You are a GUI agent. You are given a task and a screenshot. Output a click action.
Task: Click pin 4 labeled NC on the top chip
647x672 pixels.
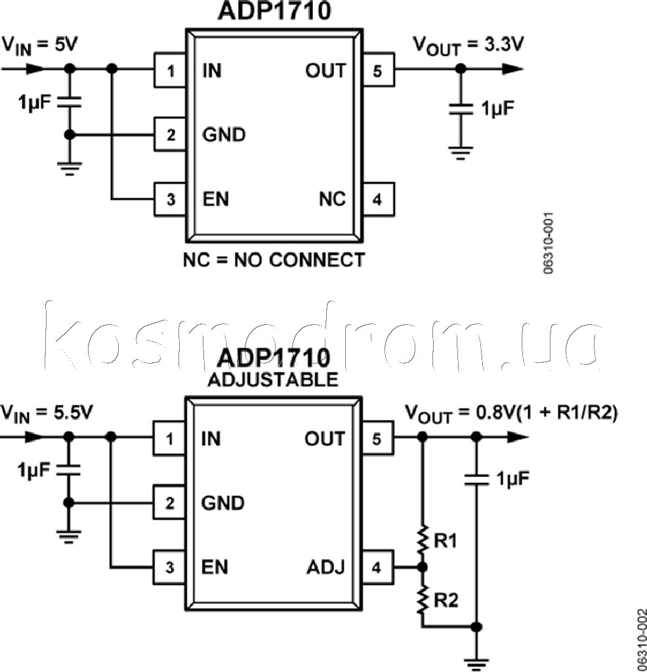pos(377,199)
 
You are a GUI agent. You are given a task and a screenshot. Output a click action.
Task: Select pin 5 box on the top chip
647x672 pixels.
pos(377,70)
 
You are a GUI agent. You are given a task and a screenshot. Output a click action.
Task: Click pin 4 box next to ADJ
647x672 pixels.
pos(377,567)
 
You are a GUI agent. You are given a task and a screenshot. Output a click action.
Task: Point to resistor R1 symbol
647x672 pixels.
pos(423,539)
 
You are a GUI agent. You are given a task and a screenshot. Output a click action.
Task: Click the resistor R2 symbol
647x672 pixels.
pos(423,598)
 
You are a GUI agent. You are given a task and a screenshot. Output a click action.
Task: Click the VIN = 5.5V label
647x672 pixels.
pos(47,413)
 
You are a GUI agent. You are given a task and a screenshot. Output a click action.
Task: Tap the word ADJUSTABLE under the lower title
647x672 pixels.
pos(273,380)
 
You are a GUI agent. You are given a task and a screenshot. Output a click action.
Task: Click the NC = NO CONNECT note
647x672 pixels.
pos(274,260)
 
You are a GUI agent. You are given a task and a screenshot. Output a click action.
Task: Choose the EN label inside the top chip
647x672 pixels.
pos(216,199)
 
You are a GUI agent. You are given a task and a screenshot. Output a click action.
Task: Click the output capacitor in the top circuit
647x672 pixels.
pos(461,108)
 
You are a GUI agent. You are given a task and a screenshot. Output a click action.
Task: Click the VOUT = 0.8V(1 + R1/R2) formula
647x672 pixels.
pos(511,413)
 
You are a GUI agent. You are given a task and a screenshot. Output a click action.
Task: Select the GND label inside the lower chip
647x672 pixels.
pos(223,503)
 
